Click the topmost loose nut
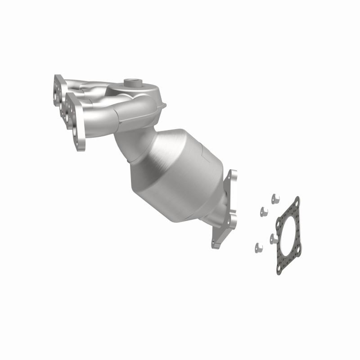pyautogui.click(x=274, y=197)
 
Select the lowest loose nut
pyautogui.click(x=258, y=246)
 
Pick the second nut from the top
pyautogui.click(x=263, y=210)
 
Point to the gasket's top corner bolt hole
pyautogui.click(x=296, y=202)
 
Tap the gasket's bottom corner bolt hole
pyautogui.click(x=279, y=269)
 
